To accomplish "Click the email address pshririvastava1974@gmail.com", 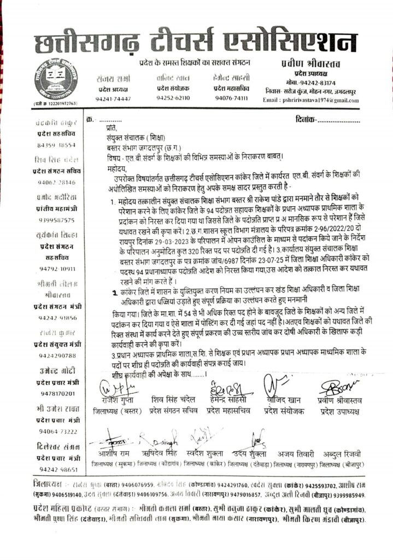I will pos(335,100).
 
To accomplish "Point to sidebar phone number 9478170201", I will pos(52,393).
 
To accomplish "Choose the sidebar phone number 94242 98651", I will pos(52,469).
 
